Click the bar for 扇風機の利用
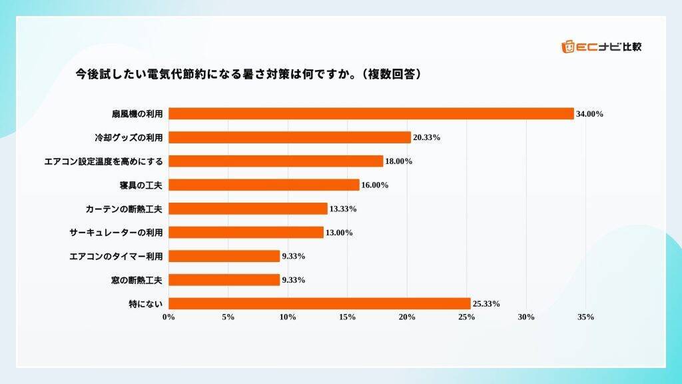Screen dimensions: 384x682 [x=371, y=113]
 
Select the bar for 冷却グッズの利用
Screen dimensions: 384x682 [x=290, y=137]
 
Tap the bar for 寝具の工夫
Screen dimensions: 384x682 [x=264, y=185]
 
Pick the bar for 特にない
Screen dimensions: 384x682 [x=320, y=303]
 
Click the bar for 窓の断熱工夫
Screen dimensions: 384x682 [x=224, y=280]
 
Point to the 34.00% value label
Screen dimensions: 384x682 [x=590, y=114]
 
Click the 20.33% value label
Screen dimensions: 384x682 [x=427, y=137]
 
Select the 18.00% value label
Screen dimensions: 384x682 [x=400, y=161]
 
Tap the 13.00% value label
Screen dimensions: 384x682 [x=340, y=233]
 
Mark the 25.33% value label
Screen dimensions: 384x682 [x=486, y=304]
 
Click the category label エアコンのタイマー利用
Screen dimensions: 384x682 [x=117, y=256]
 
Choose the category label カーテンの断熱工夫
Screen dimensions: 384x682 [x=124, y=209]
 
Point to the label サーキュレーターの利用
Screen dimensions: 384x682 [x=117, y=233]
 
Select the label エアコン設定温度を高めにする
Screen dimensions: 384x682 [x=103, y=161]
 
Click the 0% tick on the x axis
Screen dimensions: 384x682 [x=169, y=317]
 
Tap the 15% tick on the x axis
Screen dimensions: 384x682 [x=347, y=317]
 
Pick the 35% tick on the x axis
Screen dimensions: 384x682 [x=585, y=317]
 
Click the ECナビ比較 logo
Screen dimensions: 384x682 [x=602, y=47]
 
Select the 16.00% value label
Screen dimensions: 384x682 [x=375, y=185]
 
